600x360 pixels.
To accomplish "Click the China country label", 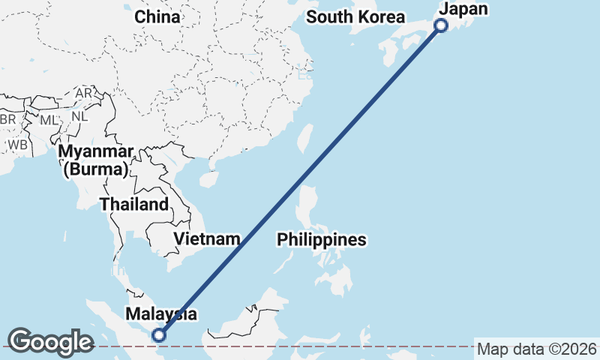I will pyautogui.click(x=157, y=16).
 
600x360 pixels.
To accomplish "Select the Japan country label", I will pyautogui.click(x=463, y=9).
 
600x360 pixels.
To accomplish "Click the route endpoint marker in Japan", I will pyautogui.click(x=441, y=25).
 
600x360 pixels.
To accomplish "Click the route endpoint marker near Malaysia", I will pyautogui.click(x=159, y=335).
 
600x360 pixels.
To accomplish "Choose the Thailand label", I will pyautogui.click(x=134, y=204).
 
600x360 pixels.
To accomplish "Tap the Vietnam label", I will pyautogui.click(x=207, y=239).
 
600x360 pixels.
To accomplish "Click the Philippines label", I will pyautogui.click(x=322, y=240).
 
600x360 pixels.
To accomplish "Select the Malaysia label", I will pyautogui.click(x=161, y=313).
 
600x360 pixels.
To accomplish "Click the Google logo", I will pyautogui.click(x=51, y=342).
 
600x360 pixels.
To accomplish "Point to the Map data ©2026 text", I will pyautogui.click(x=537, y=349).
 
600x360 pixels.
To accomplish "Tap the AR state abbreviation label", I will pyautogui.click(x=84, y=93).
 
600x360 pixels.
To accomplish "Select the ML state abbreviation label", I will pyautogui.click(x=48, y=120).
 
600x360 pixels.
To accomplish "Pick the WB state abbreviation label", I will pyautogui.click(x=19, y=143).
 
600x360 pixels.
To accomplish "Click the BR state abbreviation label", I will pyautogui.click(x=7, y=120).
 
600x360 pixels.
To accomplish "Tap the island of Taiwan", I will pyautogui.click(x=304, y=137).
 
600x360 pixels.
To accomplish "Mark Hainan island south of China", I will pyautogui.click(x=208, y=178).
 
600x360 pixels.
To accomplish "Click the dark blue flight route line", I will pyautogui.click(x=300, y=180).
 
